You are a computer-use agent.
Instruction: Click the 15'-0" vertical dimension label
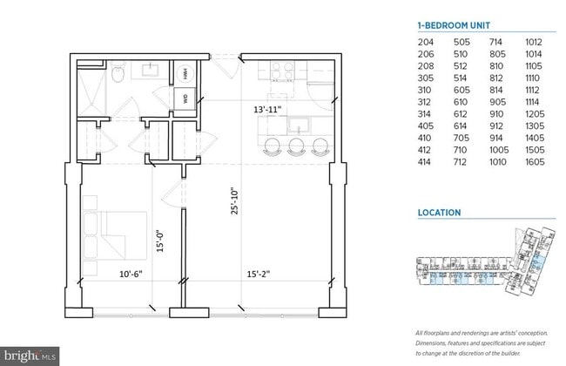coord(158,239)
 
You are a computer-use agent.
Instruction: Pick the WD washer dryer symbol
coord(185,98)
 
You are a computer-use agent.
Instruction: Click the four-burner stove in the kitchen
coord(282,71)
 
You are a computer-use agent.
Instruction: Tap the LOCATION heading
coord(440,212)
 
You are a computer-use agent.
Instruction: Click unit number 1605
coord(535,162)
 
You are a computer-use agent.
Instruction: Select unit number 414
coord(425,162)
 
